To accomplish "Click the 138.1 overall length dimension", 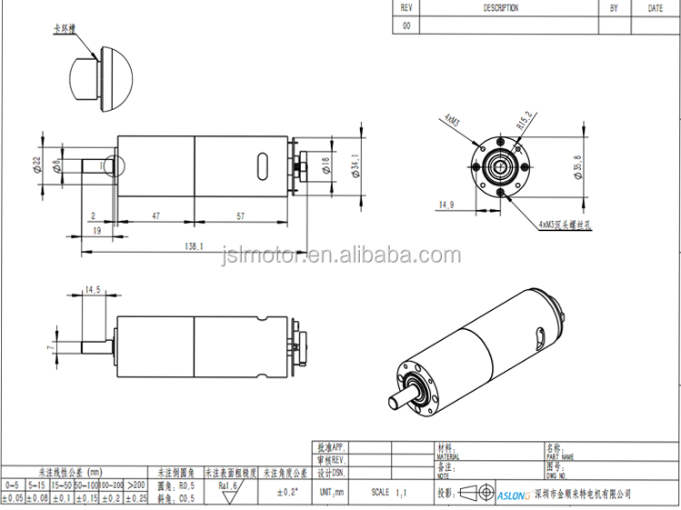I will [x=193, y=245].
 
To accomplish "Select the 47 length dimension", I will [x=155, y=216].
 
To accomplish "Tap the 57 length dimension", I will [x=239, y=216].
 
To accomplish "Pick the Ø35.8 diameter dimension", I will [x=578, y=168].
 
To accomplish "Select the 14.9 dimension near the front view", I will [x=446, y=205].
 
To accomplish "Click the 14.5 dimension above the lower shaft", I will [x=93, y=290].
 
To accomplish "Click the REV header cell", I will [x=406, y=8].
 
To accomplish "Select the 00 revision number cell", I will [x=406, y=26].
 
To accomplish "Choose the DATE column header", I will [x=655, y=8].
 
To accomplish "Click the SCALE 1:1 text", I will [x=386, y=491].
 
